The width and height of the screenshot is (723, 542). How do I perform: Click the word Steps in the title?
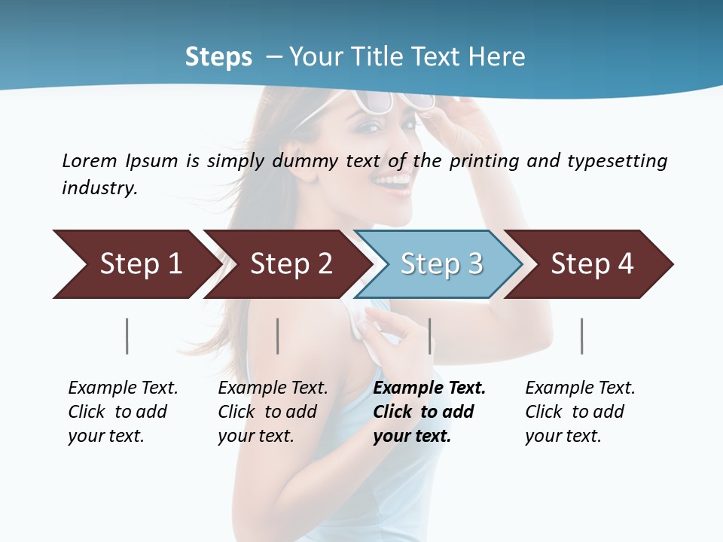click(x=218, y=57)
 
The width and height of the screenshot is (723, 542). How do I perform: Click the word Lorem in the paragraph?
click(x=89, y=160)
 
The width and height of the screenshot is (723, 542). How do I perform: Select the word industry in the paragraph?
click(x=99, y=188)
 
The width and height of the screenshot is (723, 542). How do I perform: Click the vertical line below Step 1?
click(x=127, y=336)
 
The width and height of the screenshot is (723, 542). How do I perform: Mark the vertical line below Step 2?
click(x=278, y=336)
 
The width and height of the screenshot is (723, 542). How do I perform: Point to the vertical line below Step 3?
click(x=430, y=336)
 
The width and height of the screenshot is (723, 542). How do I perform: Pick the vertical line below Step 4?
click(x=582, y=336)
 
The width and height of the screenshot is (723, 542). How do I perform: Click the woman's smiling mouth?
click(x=394, y=181)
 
